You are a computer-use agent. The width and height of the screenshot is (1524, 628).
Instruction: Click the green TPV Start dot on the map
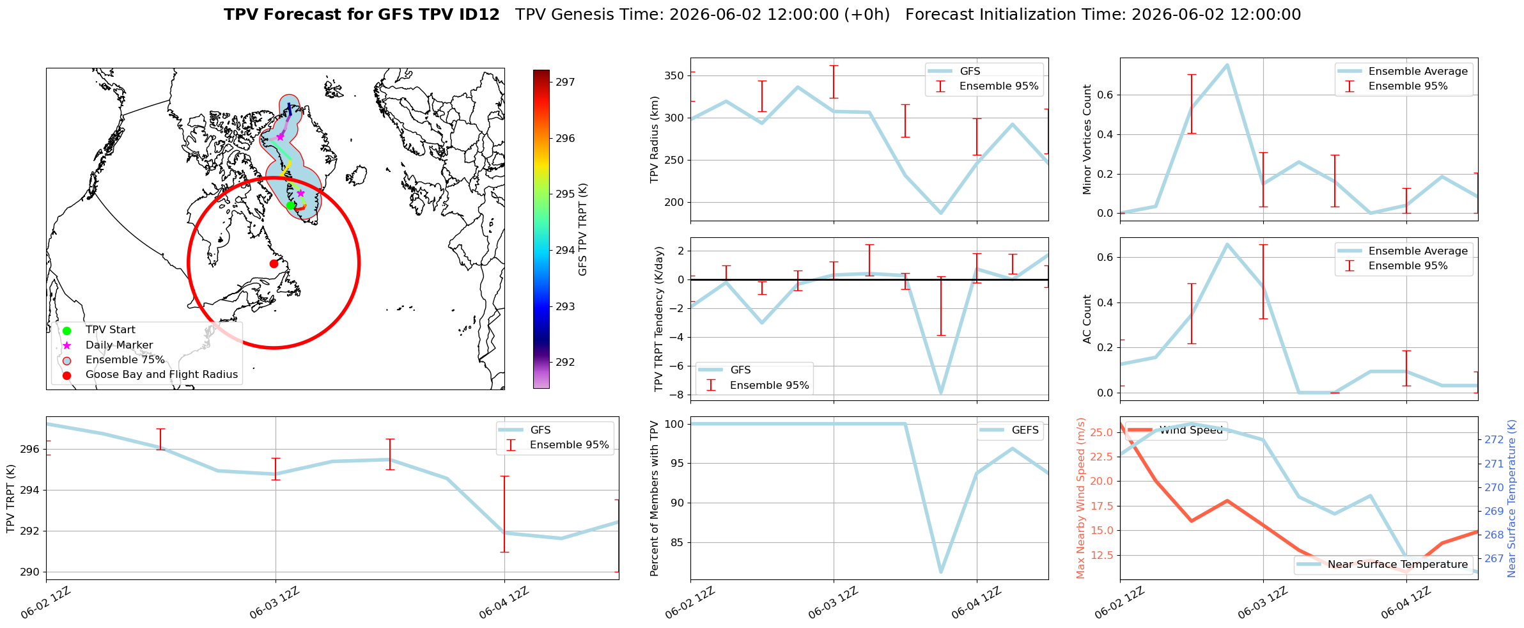point(290,205)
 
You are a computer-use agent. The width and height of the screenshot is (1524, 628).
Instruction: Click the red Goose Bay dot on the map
point(274,263)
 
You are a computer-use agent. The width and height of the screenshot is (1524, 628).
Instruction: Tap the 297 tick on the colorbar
point(565,82)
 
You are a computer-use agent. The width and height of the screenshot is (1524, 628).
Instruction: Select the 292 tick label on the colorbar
point(565,362)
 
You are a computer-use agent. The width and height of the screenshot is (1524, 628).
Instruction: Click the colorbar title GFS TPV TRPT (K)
point(582,230)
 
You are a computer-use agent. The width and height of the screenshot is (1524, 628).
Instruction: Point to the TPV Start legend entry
point(111,330)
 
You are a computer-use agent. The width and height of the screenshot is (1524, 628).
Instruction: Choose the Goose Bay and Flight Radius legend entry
point(162,375)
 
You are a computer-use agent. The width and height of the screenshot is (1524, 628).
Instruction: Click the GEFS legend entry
point(1025,430)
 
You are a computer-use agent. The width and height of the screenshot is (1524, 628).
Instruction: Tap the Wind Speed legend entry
point(1191,430)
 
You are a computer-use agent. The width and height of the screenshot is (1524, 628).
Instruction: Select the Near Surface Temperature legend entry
point(1397,565)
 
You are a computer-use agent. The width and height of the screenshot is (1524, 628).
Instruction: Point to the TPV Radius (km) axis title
point(655,139)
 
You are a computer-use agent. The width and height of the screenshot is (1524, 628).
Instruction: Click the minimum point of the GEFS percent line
point(941,572)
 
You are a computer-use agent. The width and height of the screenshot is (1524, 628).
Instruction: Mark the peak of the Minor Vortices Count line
point(1227,65)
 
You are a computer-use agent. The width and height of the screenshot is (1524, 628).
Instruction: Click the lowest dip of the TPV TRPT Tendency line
point(941,393)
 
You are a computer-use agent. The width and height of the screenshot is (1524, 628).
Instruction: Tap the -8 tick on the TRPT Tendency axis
point(678,395)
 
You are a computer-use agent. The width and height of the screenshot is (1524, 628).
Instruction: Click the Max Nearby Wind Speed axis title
point(1081,498)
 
